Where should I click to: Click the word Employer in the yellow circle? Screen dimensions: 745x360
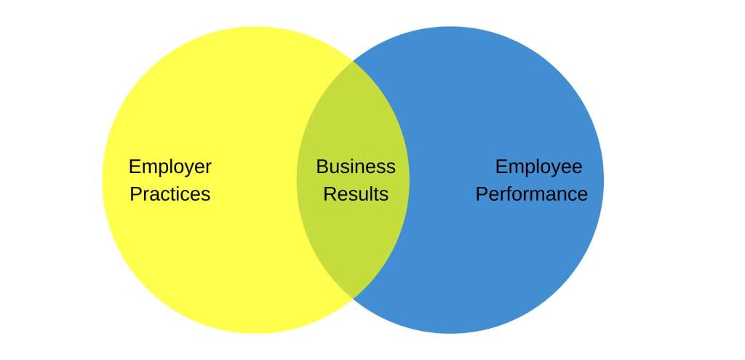[x=170, y=167]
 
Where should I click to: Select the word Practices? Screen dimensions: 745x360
[x=170, y=195]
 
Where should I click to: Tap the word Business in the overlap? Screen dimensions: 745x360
[x=356, y=167]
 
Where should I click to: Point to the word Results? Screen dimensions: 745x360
[x=356, y=195]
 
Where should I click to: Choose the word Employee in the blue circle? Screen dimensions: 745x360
[x=538, y=167]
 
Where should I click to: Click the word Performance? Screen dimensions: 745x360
[x=531, y=195]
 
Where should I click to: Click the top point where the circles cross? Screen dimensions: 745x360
[x=354, y=61]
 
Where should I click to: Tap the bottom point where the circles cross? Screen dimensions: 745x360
[x=354, y=298]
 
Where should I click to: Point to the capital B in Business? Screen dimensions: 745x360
[x=322, y=167]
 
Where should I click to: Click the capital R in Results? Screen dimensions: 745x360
[x=329, y=195]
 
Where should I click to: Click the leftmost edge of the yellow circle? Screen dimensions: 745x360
[x=103, y=180]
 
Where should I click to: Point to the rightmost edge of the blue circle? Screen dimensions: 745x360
[x=603, y=180]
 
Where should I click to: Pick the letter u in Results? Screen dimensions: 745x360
[x=358, y=196]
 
